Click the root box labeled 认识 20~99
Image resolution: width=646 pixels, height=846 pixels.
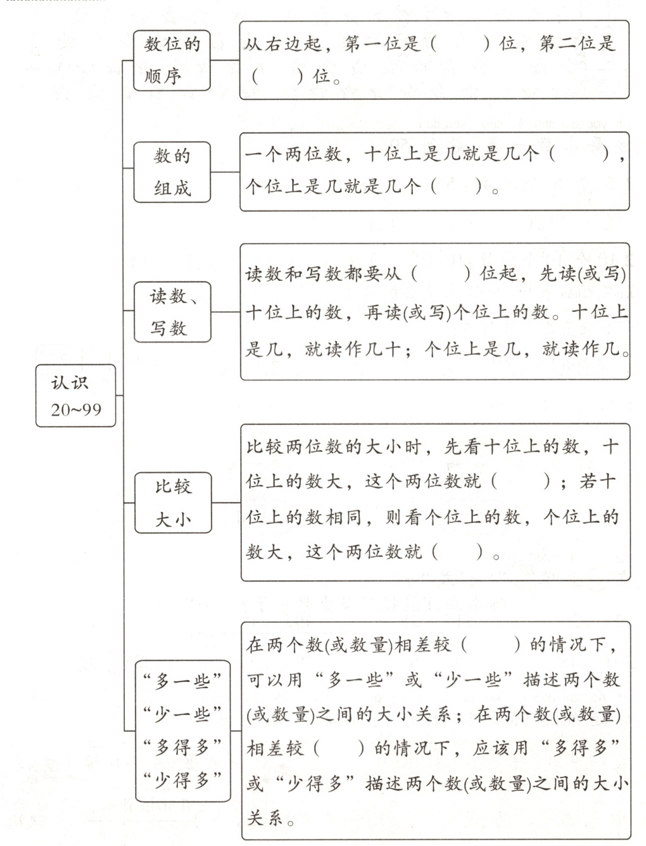(x=76, y=396)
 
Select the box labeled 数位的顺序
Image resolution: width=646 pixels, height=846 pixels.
(x=172, y=60)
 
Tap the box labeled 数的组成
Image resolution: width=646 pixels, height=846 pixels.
(x=172, y=172)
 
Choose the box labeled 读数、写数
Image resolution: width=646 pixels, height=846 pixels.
(x=172, y=312)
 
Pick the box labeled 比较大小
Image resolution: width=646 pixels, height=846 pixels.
(x=173, y=502)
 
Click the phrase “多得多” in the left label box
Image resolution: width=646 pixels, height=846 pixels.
(x=183, y=747)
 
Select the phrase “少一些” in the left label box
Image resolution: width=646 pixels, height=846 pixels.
(x=183, y=714)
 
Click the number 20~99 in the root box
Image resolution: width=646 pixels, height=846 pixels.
(x=76, y=409)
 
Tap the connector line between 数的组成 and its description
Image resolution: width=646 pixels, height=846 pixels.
(x=226, y=172)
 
